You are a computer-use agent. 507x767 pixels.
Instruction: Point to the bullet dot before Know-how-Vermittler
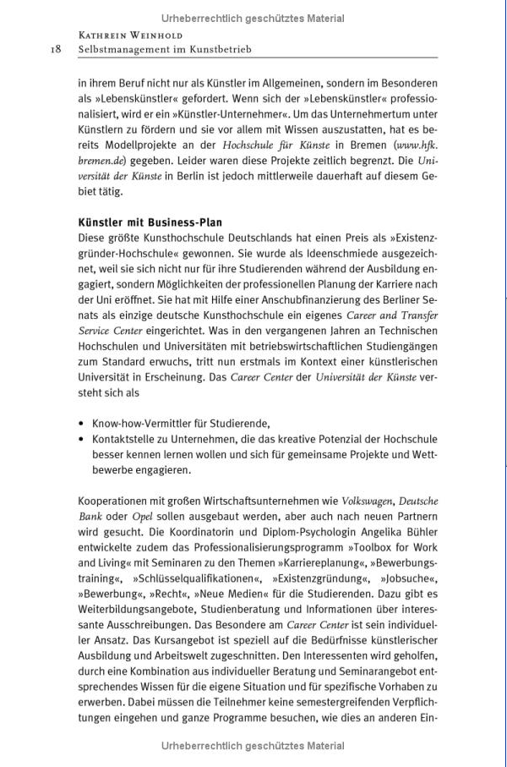tap(80, 422)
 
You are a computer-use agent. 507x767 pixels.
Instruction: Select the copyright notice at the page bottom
tap(253, 746)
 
